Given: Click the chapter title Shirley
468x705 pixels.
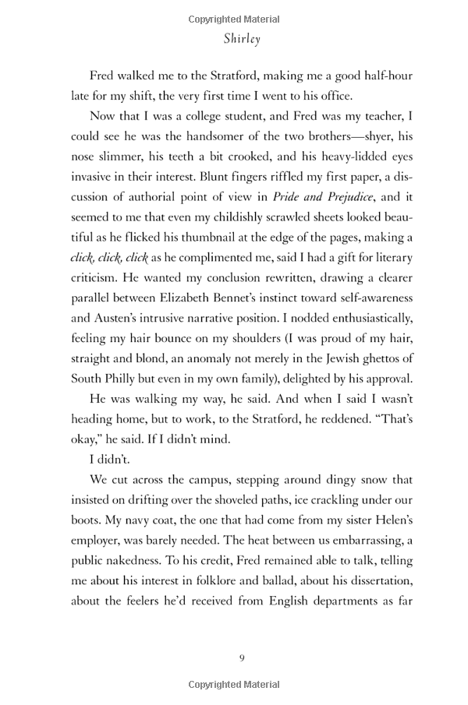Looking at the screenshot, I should point(241,38).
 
